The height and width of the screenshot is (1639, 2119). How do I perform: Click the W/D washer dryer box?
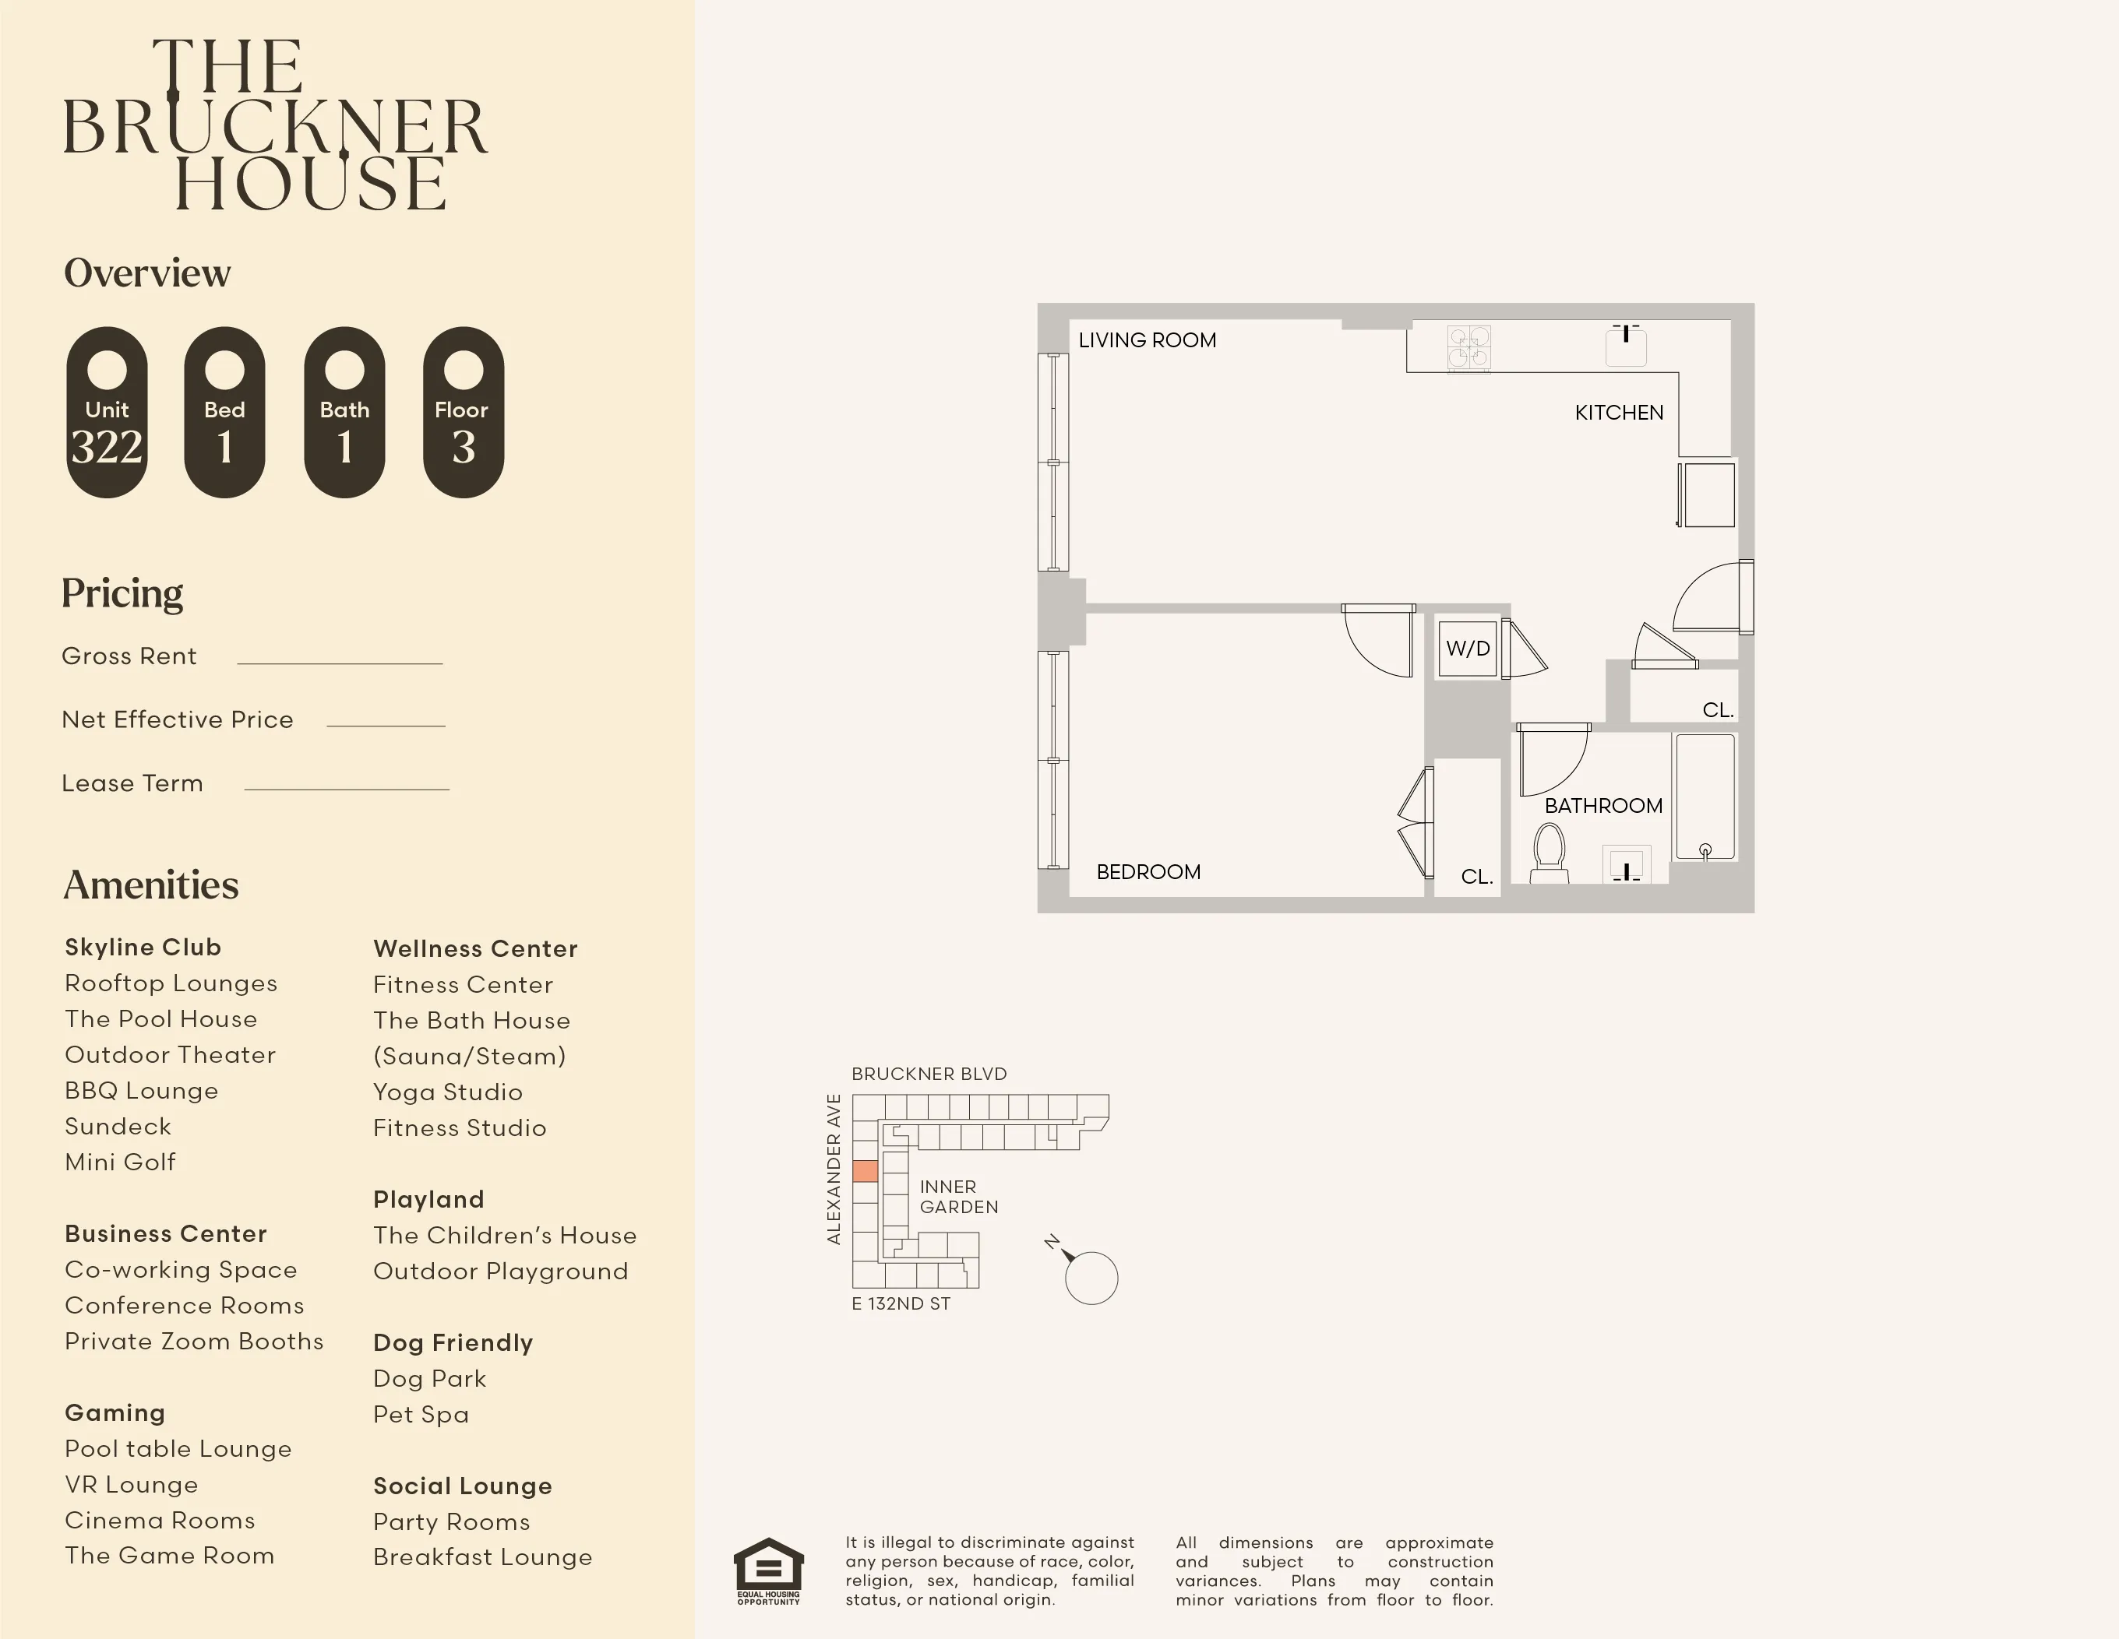[1467, 649]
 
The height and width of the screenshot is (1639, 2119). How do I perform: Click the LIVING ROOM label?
[1147, 340]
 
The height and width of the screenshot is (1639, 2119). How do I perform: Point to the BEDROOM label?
[1148, 872]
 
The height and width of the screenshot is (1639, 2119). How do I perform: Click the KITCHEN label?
[1618, 412]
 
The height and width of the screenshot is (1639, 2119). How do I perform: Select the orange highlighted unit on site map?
[865, 1170]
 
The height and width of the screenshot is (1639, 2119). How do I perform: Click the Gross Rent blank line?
[340, 663]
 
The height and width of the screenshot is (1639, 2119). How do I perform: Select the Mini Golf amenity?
[120, 1162]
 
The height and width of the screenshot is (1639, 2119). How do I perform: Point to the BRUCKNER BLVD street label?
[929, 1074]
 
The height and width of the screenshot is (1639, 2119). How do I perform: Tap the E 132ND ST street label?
[901, 1303]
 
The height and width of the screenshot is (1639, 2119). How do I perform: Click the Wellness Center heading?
[475, 948]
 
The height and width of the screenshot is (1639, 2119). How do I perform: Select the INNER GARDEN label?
[957, 1197]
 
